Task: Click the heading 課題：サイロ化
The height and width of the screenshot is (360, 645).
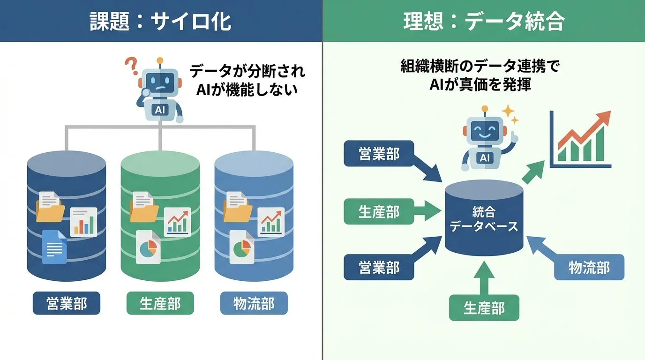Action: tap(161, 21)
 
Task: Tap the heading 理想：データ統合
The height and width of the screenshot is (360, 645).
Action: tap(483, 21)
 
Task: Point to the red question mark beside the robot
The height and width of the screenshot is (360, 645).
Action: tap(131, 64)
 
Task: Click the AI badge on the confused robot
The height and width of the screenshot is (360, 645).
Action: tap(160, 110)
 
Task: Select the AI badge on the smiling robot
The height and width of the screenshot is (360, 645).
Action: tap(484, 158)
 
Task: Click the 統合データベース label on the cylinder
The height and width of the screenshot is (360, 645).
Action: tap(484, 219)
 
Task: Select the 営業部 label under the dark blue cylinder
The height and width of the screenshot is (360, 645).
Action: tap(66, 304)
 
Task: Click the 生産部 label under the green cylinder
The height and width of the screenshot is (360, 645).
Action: tap(160, 304)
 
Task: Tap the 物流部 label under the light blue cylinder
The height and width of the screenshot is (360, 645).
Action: tap(254, 304)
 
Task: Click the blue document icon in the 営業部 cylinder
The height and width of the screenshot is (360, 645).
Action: tap(54, 247)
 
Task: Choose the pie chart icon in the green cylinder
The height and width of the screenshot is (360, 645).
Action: tap(148, 247)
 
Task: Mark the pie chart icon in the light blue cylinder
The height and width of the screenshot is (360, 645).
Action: tap(242, 247)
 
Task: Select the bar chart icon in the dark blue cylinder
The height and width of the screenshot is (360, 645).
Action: tap(83, 222)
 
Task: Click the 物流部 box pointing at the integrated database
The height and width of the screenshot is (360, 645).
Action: tap(589, 267)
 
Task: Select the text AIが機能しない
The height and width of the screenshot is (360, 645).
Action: tap(247, 89)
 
